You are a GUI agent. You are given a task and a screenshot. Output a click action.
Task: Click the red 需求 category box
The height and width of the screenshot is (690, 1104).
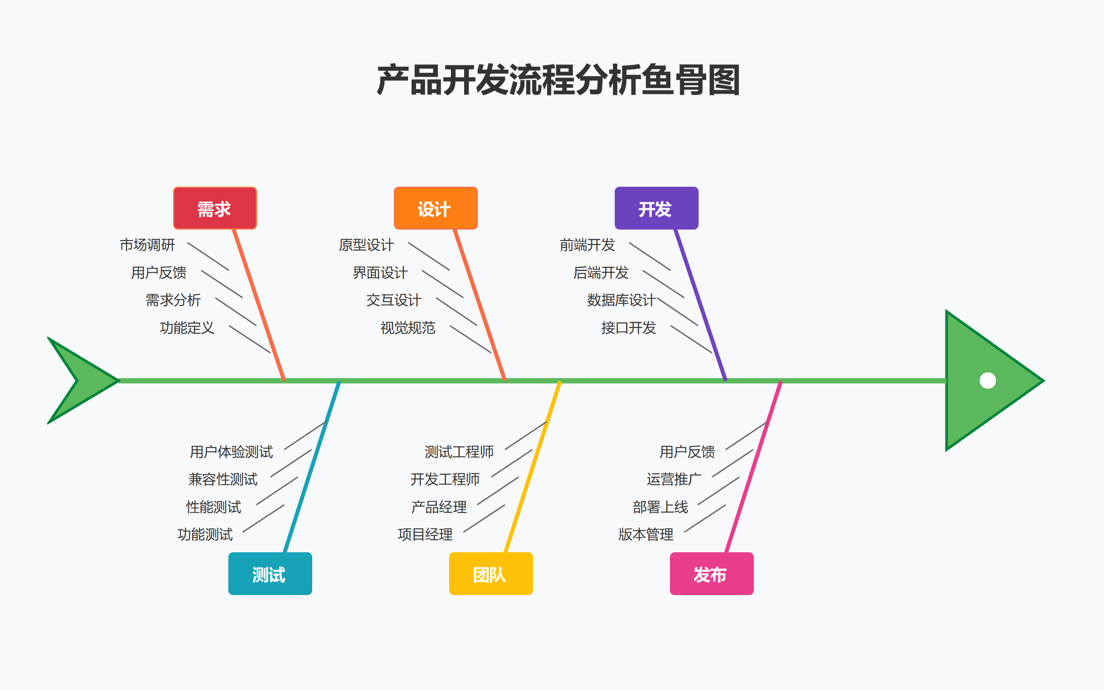click(215, 208)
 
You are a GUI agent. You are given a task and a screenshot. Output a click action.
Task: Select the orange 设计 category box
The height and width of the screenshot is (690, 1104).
click(435, 208)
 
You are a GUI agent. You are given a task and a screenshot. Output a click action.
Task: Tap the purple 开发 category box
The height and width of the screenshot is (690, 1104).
click(656, 208)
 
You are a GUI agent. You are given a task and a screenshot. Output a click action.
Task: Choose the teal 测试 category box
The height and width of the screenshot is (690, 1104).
click(270, 573)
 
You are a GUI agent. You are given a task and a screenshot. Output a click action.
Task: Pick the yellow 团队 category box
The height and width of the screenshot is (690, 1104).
click(491, 573)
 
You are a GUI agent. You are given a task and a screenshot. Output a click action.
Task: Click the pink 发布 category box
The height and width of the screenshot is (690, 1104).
click(711, 573)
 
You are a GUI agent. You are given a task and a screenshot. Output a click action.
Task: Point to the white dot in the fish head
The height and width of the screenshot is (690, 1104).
click(987, 381)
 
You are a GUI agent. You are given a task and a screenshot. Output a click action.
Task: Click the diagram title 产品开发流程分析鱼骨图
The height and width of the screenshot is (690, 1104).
click(558, 80)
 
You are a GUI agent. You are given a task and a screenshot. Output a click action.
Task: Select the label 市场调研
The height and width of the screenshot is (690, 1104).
click(147, 245)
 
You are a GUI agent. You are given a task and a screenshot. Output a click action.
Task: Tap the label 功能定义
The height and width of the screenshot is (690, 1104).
click(187, 328)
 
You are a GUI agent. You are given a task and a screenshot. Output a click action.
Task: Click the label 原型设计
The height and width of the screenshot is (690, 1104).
click(366, 245)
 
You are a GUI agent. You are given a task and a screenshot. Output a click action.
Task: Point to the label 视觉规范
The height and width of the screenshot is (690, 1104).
click(408, 328)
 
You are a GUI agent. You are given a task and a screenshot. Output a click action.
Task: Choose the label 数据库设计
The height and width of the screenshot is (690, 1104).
click(621, 300)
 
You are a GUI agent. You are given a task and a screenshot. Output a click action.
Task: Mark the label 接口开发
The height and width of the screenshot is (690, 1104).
click(628, 328)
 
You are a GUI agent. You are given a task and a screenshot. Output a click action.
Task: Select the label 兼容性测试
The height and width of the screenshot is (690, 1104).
click(223, 479)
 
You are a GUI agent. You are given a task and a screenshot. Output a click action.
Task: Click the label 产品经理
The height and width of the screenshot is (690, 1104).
click(439, 507)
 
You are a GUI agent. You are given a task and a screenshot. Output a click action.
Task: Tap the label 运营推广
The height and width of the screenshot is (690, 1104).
click(673, 479)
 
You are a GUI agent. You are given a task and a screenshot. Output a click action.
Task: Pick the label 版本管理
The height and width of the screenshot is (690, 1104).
click(646, 534)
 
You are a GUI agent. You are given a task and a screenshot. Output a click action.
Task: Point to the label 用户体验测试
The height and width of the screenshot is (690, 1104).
click(231, 452)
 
